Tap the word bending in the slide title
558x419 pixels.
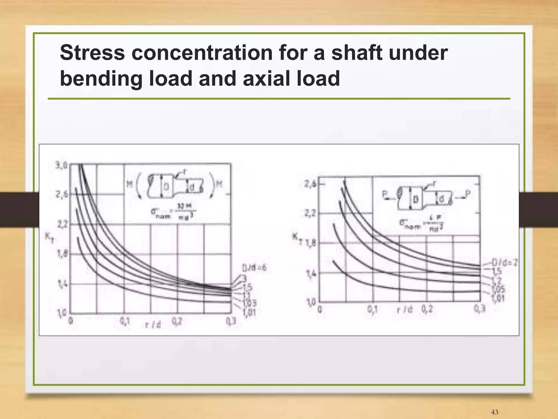point(101,79)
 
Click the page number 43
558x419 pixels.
point(495,412)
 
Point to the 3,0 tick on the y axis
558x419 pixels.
point(61,165)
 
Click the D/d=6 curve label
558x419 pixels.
point(254,268)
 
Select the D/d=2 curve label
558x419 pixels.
point(504,263)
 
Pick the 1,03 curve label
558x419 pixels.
point(250,303)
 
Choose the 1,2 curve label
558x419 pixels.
point(498,280)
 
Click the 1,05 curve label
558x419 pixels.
point(498,289)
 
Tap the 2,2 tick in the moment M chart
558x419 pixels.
point(62,224)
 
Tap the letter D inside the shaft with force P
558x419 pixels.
point(416,200)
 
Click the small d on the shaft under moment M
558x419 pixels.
point(192,187)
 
